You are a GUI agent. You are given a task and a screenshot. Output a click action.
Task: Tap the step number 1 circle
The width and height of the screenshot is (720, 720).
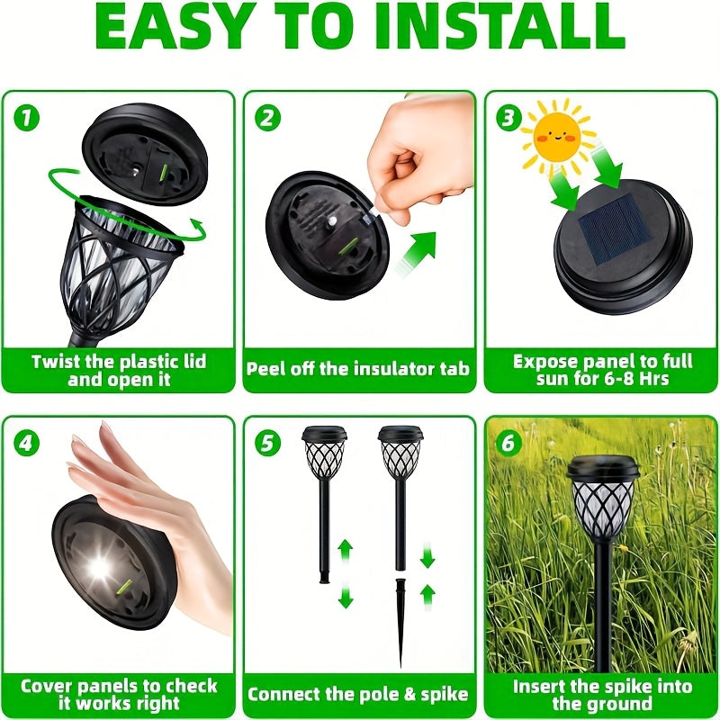[26, 118]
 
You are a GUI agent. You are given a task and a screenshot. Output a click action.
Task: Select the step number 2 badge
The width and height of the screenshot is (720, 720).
[267, 118]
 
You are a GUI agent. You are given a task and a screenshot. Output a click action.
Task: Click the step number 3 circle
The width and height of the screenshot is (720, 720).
[508, 118]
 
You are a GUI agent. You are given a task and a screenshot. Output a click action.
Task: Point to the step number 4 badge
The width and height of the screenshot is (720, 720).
[26, 443]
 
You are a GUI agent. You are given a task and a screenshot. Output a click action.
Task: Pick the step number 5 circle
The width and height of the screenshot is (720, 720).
[267, 443]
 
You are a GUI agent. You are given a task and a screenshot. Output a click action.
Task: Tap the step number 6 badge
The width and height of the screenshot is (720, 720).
[508, 443]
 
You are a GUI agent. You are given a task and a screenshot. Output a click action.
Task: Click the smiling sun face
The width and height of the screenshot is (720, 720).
[556, 137]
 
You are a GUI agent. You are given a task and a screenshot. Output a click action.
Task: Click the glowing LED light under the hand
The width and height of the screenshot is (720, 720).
[99, 568]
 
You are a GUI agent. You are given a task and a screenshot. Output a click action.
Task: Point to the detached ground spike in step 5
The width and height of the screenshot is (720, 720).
[400, 622]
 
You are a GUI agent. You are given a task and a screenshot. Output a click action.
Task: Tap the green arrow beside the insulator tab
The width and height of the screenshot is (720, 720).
[415, 254]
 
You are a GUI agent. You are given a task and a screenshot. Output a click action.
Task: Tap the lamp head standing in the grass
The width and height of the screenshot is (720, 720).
[602, 498]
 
